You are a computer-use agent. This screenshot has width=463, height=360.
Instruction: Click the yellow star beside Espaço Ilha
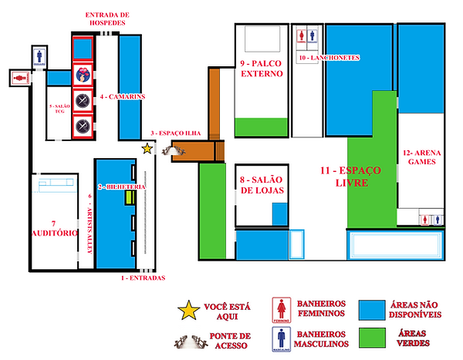pos(147,149)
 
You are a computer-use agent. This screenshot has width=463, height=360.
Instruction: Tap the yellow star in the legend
pos(188,311)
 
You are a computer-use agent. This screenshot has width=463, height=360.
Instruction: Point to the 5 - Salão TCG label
pos(56,107)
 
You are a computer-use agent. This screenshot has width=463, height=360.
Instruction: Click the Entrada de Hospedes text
pos(108,19)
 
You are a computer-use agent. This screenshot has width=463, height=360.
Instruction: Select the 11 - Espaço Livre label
pos(346,177)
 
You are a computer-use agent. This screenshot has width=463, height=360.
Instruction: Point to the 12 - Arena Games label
pos(421,158)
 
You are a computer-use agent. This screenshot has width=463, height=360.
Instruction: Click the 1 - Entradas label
pos(144,277)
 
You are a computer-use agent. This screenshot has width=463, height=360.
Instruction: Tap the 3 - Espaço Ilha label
pos(176,133)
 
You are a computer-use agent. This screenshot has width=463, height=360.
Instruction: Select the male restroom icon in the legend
pos(283,339)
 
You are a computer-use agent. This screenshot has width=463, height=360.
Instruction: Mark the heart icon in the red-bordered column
pos(83,76)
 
